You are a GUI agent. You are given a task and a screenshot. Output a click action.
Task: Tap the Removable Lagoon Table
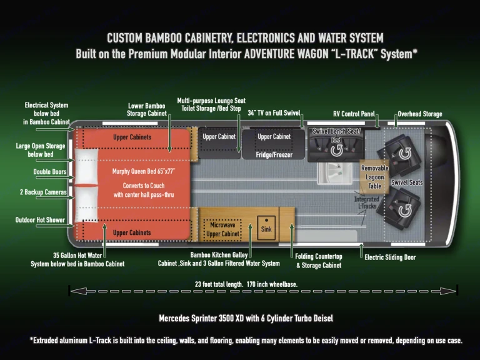coord(374,177)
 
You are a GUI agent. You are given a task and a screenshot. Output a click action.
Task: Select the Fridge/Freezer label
coord(274,154)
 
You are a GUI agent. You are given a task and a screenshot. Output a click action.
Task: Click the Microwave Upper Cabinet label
coord(223,229)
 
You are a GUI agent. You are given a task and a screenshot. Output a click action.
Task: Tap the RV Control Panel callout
coord(354,114)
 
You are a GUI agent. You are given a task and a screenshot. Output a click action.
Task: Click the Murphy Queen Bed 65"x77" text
coord(144,171)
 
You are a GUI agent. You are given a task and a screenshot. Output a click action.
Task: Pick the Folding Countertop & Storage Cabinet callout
coord(319,261)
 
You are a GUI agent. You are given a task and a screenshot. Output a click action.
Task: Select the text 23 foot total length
coord(219,284)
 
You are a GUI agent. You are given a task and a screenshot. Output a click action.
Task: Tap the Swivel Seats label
coord(407,182)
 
